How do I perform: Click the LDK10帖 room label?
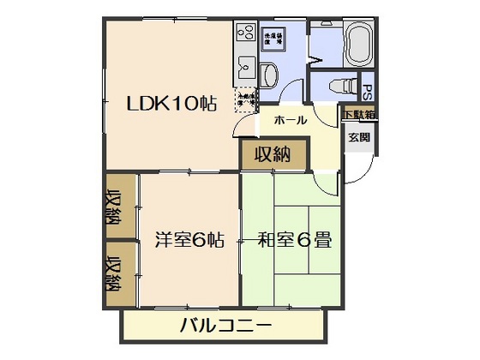pos(171,104)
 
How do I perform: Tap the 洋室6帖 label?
pos(189,240)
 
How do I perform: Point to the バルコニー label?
pos(226,326)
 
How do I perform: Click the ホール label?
pos(290,120)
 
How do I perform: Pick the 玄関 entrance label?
pos(358,137)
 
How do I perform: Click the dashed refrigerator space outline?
pos(246,99)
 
